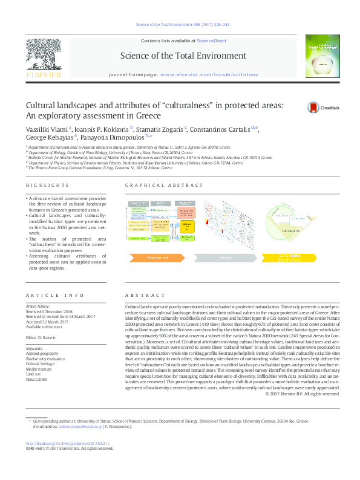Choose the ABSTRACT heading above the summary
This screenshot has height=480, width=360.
click(x=139, y=295)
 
